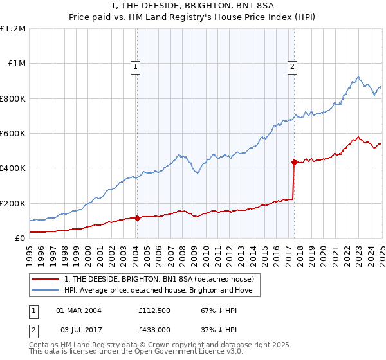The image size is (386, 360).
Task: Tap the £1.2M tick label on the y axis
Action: pos(14,29)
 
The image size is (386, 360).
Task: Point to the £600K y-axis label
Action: pos(13,134)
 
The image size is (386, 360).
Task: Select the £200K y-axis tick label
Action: pos(13,203)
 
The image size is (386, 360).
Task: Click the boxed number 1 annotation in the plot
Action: pos(136,66)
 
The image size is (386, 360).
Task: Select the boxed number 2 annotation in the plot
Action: pos(293,66)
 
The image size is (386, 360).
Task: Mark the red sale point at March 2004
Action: pos(137,218)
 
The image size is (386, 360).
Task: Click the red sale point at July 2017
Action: pos(294,162)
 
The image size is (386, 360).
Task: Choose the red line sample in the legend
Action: pos(46,279)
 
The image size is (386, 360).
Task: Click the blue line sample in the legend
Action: pos(46,291)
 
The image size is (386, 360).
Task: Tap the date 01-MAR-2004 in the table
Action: pos(79,310)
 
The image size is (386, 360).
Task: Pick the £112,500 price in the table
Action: pos(152,310)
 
